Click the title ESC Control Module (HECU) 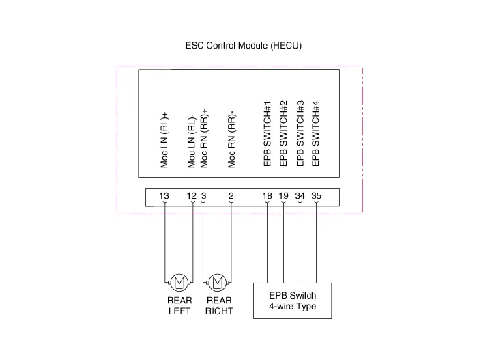click(243, 46)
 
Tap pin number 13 click(164, 197)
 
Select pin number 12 click(192, 197)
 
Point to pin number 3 click(203, 197)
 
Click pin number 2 click(231, 197)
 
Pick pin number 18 click(268, 197)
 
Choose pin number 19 click(284, 197)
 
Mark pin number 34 click(300, 197)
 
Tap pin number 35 click(317, 197)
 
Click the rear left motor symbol click(179, 281)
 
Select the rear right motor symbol click(218, 281)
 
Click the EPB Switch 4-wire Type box click(293, 301)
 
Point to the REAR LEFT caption click(179, 305)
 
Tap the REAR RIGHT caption click(218, 305)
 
